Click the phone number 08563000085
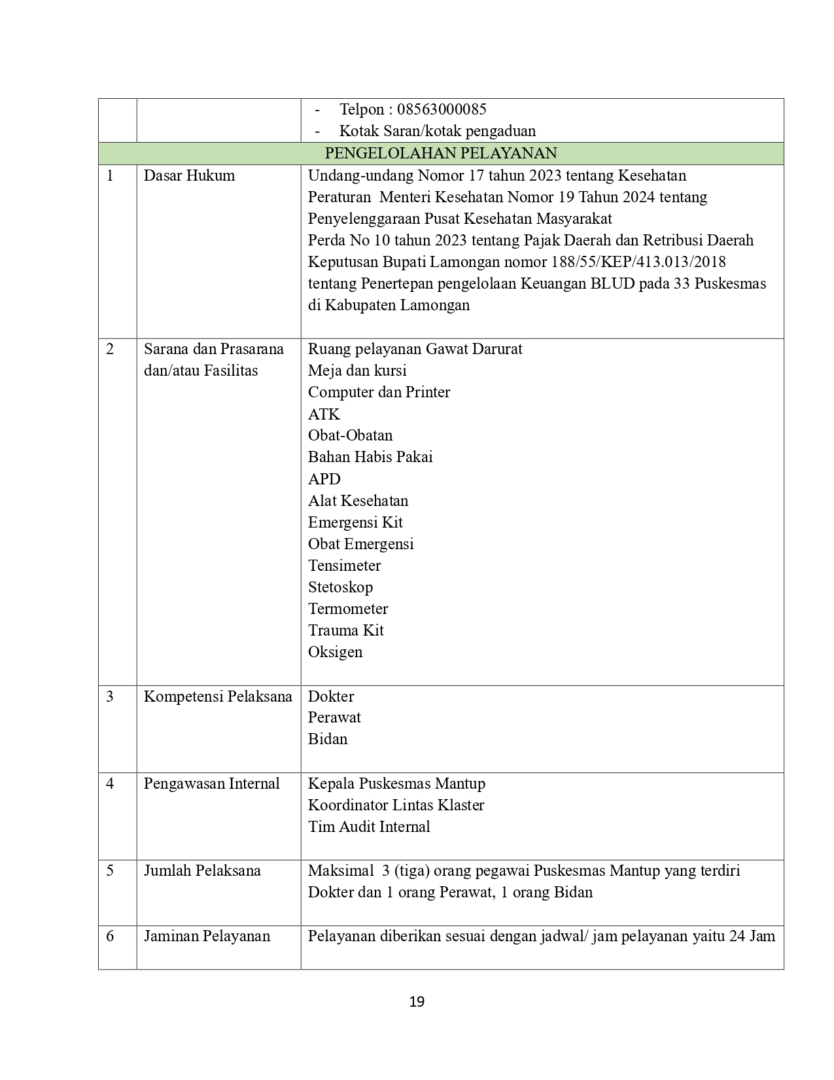point(442,109)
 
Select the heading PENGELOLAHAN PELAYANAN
point(441,153)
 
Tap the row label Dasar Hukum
point(189,175)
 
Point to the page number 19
point(417,1001)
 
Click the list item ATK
point(324,414)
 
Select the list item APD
point(324,478)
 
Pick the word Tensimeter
point(344,566)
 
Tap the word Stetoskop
point(340,587)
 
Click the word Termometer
point(348,609)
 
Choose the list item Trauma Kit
point(345,630)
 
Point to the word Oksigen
point(335,652)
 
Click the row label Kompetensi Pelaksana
point(218,696)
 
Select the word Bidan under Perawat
point(328,739)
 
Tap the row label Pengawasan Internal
point(211,783)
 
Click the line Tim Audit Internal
point(369,827)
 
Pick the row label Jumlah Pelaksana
point(202,871)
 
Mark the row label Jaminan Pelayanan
point(207,936)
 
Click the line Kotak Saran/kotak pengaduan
point(437,131)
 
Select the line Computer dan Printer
point(379,392)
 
